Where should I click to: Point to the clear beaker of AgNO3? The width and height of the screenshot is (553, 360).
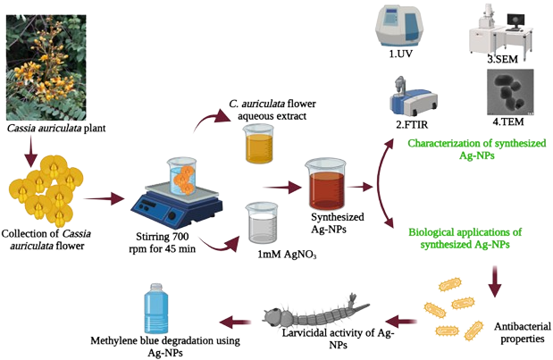[x=261, y=224]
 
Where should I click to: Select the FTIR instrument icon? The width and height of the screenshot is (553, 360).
[x=404, y=97]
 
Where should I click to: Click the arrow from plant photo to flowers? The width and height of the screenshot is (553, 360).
[x=29, y=151]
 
